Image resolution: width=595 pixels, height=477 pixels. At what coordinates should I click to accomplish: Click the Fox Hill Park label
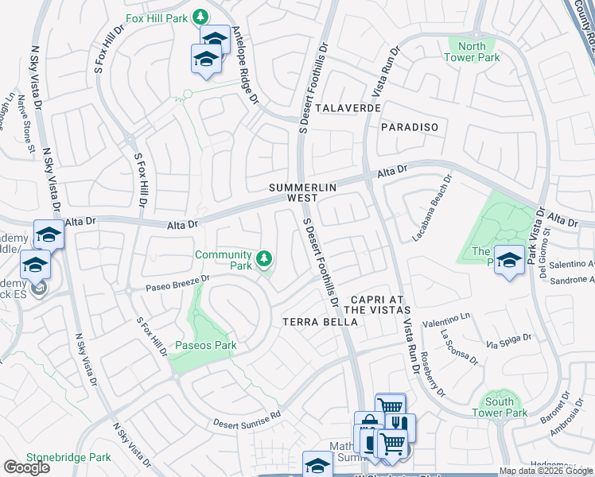pyautogui.click(x=159, y=17)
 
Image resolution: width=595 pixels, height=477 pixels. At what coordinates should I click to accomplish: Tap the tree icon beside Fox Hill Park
pyautogui.click(x=201, y=17)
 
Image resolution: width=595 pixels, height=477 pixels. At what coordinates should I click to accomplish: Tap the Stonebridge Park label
pyautogui.click(x=68, y=458)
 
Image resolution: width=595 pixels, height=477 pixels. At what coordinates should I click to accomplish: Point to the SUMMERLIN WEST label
pyautogui.click(x=303, y=192)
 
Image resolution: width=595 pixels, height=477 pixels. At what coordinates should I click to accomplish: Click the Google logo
pyautogui.click(x=26, y=467)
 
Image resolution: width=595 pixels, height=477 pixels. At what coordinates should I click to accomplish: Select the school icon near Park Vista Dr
pyautogui.click(x=509, y=260)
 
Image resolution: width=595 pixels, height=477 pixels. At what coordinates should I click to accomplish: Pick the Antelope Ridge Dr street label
pyautogui.click(x=245, y=67)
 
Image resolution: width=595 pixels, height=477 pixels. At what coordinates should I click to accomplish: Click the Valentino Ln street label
pyautogui.click(x=447, y=320)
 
